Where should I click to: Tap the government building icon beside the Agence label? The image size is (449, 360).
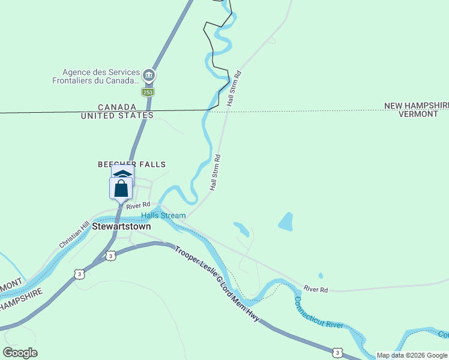[149, 76]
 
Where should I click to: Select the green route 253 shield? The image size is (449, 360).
[148, 92]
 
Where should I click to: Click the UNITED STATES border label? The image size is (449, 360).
[117, 115]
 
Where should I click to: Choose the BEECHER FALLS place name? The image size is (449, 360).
[131, 164]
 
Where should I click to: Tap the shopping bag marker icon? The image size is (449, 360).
[121, 188]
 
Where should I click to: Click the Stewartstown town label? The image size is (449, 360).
[121, 227]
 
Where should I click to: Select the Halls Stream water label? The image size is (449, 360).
[163, 215]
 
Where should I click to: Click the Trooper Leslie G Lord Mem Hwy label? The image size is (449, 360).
[217, 283]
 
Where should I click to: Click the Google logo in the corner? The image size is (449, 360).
[20, 353]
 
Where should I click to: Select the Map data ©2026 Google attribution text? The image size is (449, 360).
[412, 355]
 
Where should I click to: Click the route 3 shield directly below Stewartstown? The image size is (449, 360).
[110, 256]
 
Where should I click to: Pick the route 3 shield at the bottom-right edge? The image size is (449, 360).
[339, 352]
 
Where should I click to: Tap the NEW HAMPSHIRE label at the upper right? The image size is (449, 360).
[417, 106]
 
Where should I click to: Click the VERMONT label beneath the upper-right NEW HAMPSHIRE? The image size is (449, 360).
[418, 114]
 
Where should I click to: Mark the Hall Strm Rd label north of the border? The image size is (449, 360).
[234, 89]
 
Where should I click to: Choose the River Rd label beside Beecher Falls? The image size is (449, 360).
[138, 205]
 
